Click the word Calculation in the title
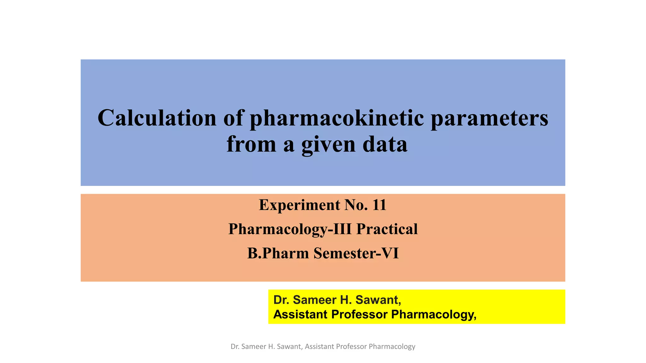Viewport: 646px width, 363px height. [x=157, y=118]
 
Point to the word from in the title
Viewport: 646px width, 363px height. [x=251, y=144]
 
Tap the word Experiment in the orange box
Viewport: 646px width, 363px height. [x=299, y=205]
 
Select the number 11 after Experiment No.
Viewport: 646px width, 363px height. [x=379, y=205]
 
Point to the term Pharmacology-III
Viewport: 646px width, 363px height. [x=290, y=229]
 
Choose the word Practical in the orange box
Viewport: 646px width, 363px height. [x=387, y=229]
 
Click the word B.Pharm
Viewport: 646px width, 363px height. [x=278, y=253]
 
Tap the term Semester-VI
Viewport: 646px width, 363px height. [x=356, y=253]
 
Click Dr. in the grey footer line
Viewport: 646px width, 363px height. [x=235, y=347]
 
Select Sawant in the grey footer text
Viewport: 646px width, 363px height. [x=290, y=347]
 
